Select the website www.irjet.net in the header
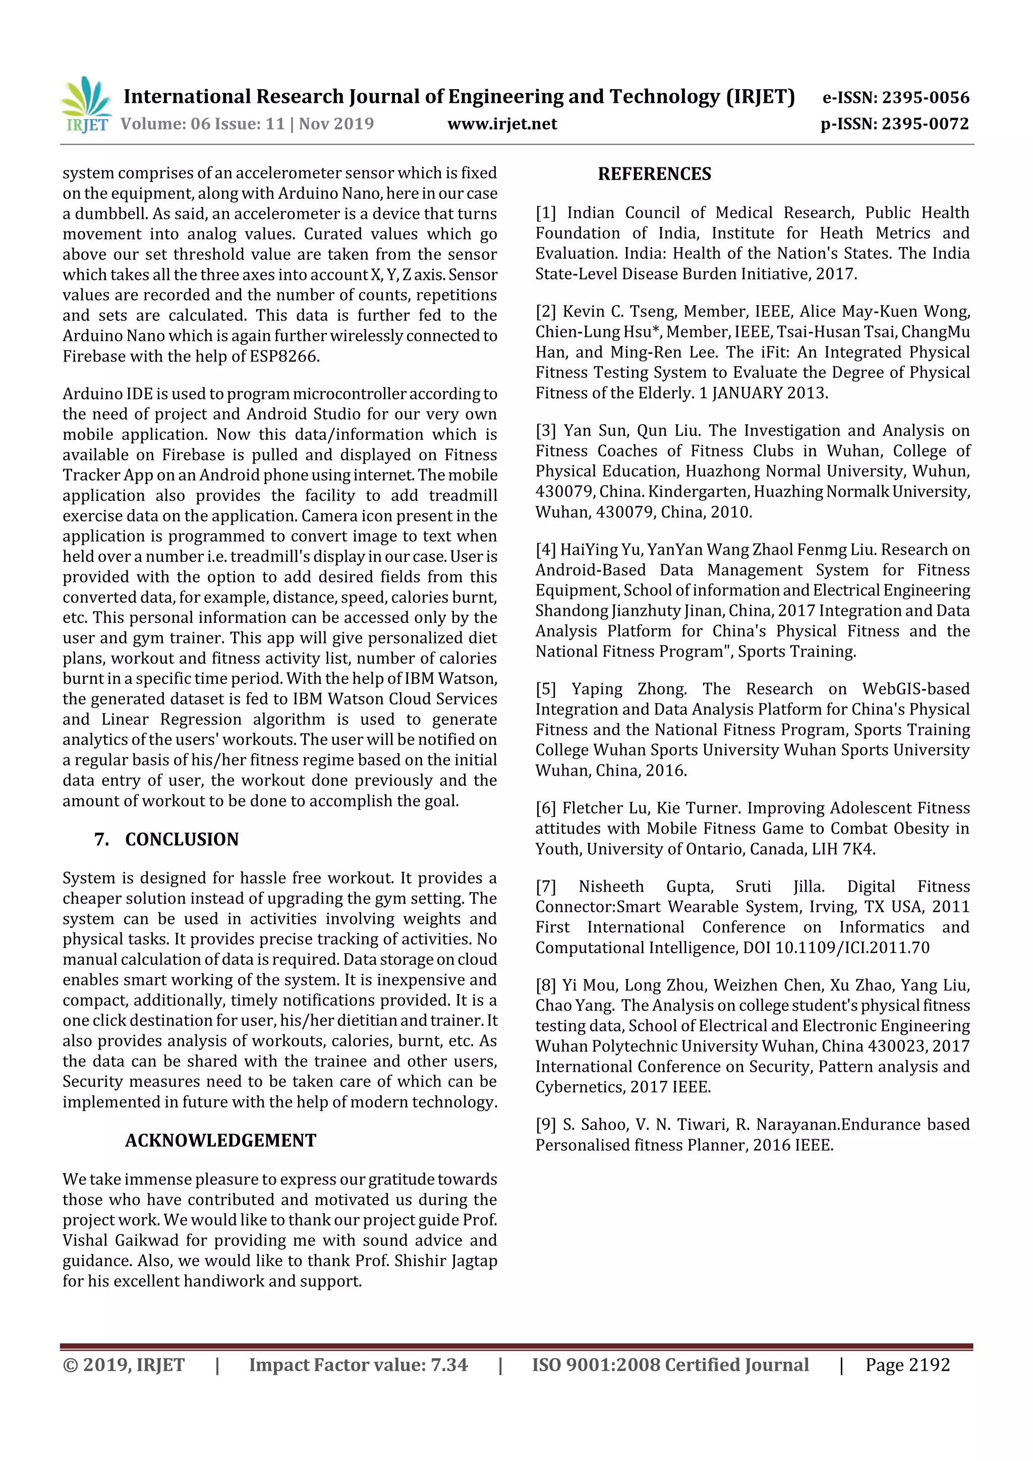502,124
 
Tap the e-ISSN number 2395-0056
926,97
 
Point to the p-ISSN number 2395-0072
926,124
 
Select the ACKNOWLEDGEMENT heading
220,1140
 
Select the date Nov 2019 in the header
336,124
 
